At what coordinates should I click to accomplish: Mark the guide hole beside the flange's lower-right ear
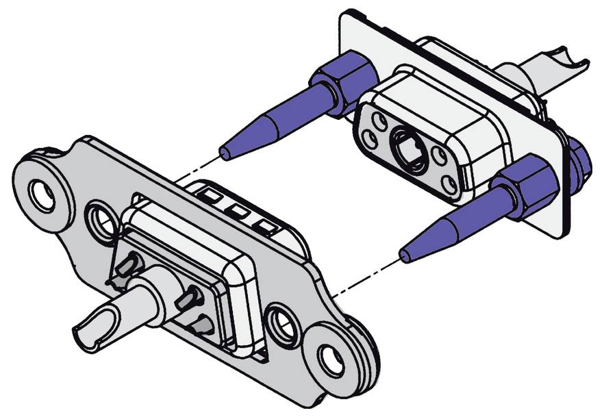tap(281, 323)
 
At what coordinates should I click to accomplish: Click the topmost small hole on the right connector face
tap(377, 113)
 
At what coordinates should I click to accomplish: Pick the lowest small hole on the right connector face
tap(449, 183)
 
